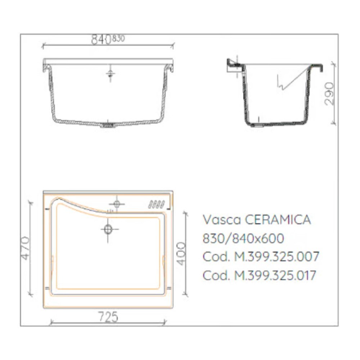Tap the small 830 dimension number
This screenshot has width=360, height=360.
click(x=118, y=39)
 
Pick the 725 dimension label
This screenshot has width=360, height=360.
click(x=108, y=317)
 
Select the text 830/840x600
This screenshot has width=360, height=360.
click(x=243, y=238)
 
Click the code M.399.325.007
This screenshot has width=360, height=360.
click(x=276, y=257)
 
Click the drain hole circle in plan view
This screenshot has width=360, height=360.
click(x=108, y=229)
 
